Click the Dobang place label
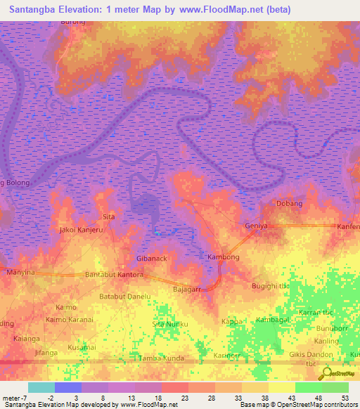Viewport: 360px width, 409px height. click(289, 204)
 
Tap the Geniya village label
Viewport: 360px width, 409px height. click(256, 226)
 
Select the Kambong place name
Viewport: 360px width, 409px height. click(224, 257)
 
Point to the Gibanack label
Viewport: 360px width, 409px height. click(151, 259)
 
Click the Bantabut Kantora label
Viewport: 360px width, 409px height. click(114, 273)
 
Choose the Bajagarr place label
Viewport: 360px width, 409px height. click(188, 289)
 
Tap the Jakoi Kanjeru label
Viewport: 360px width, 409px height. click(82, 230)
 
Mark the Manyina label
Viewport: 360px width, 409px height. click(20, 272)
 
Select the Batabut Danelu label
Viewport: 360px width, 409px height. click(125, 297)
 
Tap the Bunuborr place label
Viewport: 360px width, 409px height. click(333, 327)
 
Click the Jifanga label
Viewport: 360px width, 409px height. click(46, 351)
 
